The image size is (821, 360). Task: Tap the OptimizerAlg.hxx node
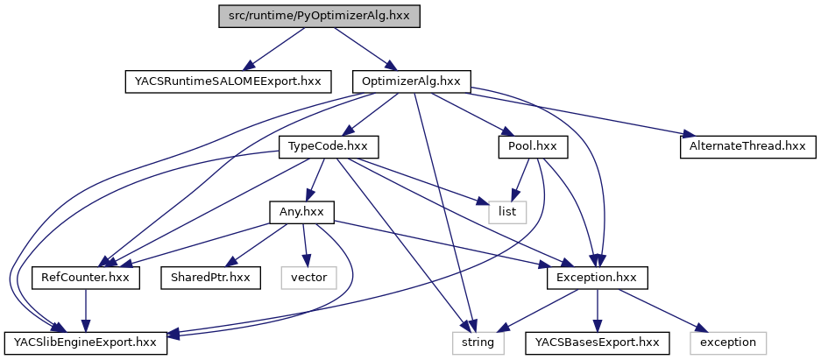(411, 81)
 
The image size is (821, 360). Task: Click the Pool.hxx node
(532, 146)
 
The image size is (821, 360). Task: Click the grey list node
(508, 211)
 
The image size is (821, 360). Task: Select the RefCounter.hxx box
(86, 277)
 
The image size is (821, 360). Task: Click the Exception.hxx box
(598, 277)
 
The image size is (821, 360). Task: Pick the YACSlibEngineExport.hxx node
(86, 342)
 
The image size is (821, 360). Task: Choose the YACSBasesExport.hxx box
(598, 342)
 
